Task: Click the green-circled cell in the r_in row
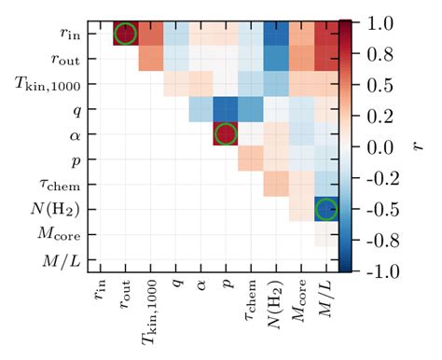tap(125, 34)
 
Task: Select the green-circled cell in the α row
tap(226, 133)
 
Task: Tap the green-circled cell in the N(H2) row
tap(325, 209)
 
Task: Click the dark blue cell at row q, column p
tap(226, 109)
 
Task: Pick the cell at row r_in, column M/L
tap(325, 34)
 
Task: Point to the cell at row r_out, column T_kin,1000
tap(150, 59)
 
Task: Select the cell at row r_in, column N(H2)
tap(276, 34)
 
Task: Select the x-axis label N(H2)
tap(276, 300)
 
